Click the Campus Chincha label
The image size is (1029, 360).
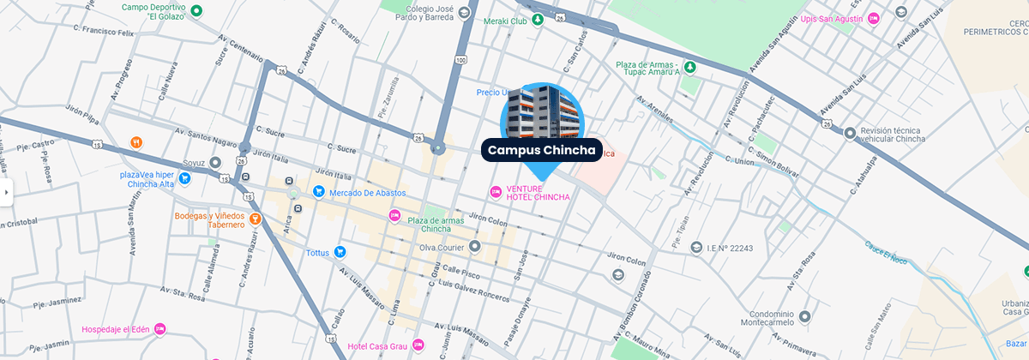[541, 150]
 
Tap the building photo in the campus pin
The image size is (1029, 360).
[541, 111]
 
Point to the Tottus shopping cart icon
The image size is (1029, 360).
[340, 252]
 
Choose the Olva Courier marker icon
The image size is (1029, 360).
[475, 247]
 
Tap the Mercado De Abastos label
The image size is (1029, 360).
[368, 192]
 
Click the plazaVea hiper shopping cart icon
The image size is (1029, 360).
[185, 179]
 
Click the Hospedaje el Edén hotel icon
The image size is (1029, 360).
[159, 329]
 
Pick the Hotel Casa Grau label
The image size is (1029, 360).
[378, 346]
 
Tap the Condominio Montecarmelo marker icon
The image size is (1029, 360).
[804, 317]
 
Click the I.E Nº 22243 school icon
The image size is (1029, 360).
[695, 247]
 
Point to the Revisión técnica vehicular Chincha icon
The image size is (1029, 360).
[849, 133]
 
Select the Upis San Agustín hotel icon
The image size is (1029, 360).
[874, 17]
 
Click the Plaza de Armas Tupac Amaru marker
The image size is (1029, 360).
[689, 66]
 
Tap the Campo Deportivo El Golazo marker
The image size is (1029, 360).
[196, 11]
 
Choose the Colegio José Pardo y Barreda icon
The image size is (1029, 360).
[465, 11]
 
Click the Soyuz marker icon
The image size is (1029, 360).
[214, 161]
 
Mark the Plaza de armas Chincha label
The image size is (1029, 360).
[436, 225]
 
